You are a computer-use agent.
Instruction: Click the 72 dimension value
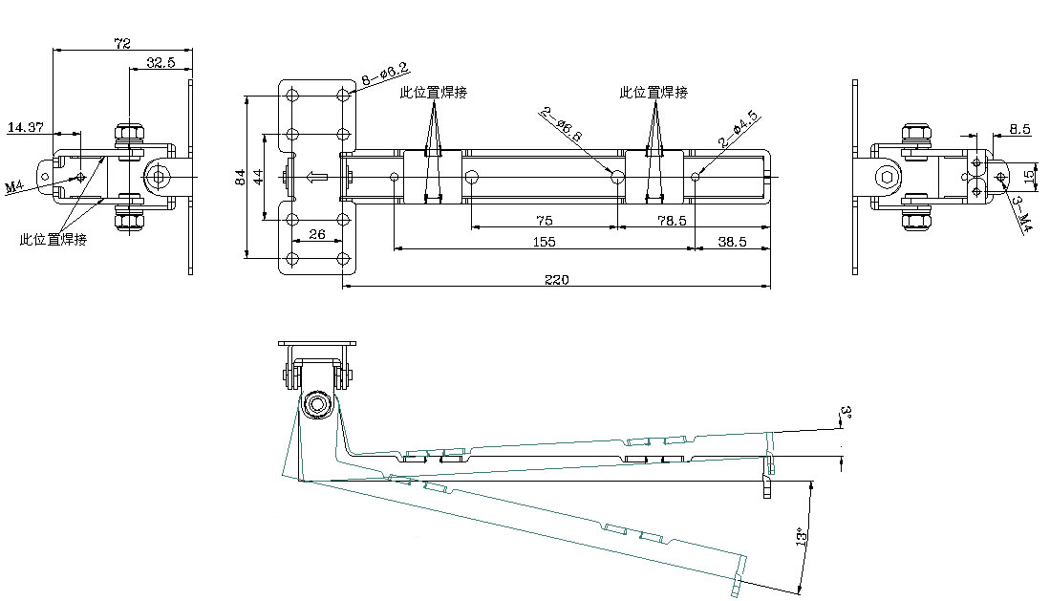point(122,43)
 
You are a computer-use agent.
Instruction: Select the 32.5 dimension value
point(161,63)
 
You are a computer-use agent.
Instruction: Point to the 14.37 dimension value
point(25,126)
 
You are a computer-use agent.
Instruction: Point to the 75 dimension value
point(545,221)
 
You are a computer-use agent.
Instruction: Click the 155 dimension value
point(544,243)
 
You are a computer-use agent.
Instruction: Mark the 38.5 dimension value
point(731,243)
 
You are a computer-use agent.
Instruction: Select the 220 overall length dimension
point(556,280)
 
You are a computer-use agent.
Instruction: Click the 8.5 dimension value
point(1018,127)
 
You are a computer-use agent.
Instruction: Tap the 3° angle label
point(845,414)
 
